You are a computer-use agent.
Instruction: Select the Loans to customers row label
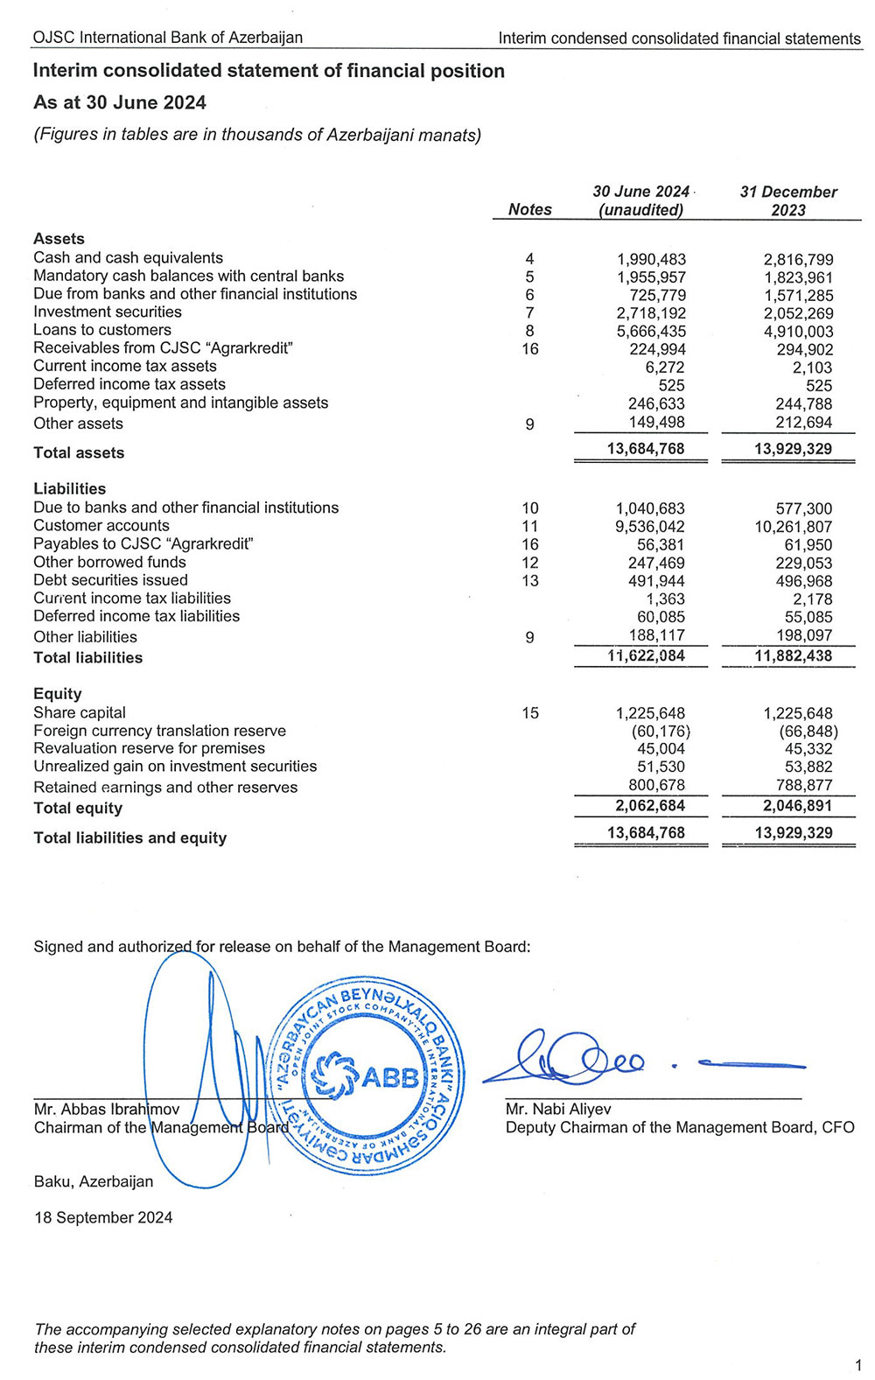tap(102, 330)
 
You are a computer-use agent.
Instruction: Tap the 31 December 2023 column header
tap(788, 200)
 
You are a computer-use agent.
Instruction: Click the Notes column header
tap(529, 209)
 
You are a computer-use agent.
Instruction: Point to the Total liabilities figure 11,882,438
tap(794, 656)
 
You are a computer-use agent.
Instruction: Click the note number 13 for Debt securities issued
tap(529, 581)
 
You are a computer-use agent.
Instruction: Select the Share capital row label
tap(80, 712)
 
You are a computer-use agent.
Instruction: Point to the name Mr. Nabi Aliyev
tap(558, 1110)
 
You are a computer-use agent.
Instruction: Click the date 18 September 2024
tap(103, 1217)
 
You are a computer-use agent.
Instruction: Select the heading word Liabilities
tap(69, 489)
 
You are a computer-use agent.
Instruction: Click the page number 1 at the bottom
tap(858, 1365)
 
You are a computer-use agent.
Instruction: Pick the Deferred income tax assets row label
tap(129, 384)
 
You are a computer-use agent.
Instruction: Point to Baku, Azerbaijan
tap(94, 1181)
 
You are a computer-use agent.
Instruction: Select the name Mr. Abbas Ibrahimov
tap(107, 1110)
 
